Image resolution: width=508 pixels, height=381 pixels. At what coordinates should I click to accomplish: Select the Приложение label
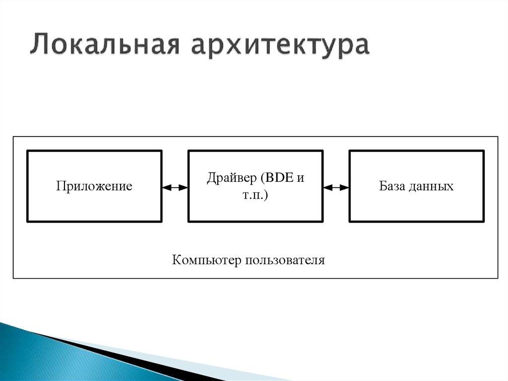(94, 187)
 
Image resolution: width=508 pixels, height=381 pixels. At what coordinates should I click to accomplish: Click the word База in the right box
(393, 187)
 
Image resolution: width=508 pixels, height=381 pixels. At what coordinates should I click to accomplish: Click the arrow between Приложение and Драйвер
(175, 187)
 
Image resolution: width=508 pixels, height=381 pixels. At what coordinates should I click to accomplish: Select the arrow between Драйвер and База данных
(336, 187)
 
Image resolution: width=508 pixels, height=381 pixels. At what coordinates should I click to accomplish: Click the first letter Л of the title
(38, 46)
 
